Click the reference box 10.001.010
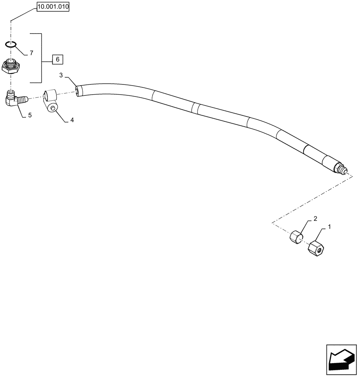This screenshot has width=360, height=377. click(x=53, y=7)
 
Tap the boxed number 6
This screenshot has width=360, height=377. click(x=57, y=59)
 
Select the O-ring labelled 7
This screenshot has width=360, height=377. click(x=11, y=45)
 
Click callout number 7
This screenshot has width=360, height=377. click(x=31, y=53)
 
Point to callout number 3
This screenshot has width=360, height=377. click(x=61, y=75)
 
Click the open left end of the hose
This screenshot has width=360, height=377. click(x=78, y=91)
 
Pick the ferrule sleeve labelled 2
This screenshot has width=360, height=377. click(x=296, y=237)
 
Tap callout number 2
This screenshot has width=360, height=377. click(x=315, y=218)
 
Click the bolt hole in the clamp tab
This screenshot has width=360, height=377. click(x=53, y=109)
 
